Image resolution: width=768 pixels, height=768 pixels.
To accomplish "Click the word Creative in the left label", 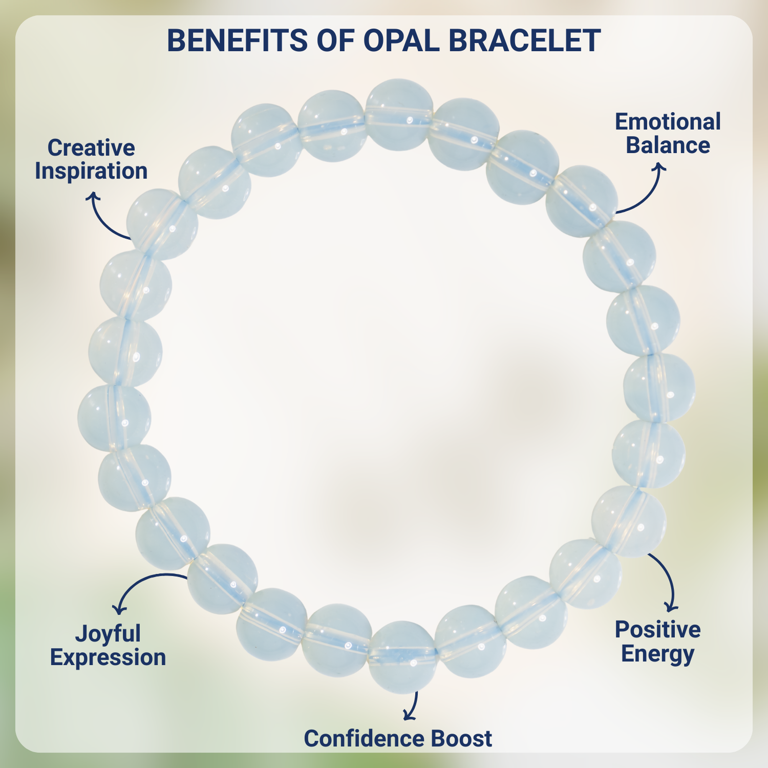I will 91,148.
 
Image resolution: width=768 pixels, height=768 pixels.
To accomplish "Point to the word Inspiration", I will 91,171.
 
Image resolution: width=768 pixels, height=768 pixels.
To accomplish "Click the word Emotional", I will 668,122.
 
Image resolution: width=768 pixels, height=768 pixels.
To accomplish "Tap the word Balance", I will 668,145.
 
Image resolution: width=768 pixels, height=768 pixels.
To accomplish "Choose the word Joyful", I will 108,634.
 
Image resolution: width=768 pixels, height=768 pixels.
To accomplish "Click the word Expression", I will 108,657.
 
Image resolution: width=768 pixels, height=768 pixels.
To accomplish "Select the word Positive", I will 657,630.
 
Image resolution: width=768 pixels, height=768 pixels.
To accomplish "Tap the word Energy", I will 657,654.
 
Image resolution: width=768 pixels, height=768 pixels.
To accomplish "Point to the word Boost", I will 461,739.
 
